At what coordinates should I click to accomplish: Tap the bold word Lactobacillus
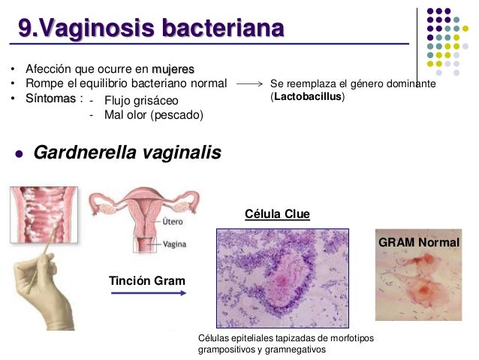click(x=307, y=98)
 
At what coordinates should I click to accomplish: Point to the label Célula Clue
click(x=277, y=214)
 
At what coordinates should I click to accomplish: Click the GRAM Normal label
click(x=418, y=242)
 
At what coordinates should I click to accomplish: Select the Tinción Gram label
click(x=147, y=280)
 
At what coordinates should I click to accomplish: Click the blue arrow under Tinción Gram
click(x=148, y=293)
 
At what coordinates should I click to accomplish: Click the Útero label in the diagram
click(x=173, y=222)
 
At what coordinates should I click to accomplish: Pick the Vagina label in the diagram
click(x=176, y=244)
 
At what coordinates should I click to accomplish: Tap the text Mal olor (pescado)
click(x=154, y=115)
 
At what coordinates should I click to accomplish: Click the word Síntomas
click(x=48, y=99)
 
